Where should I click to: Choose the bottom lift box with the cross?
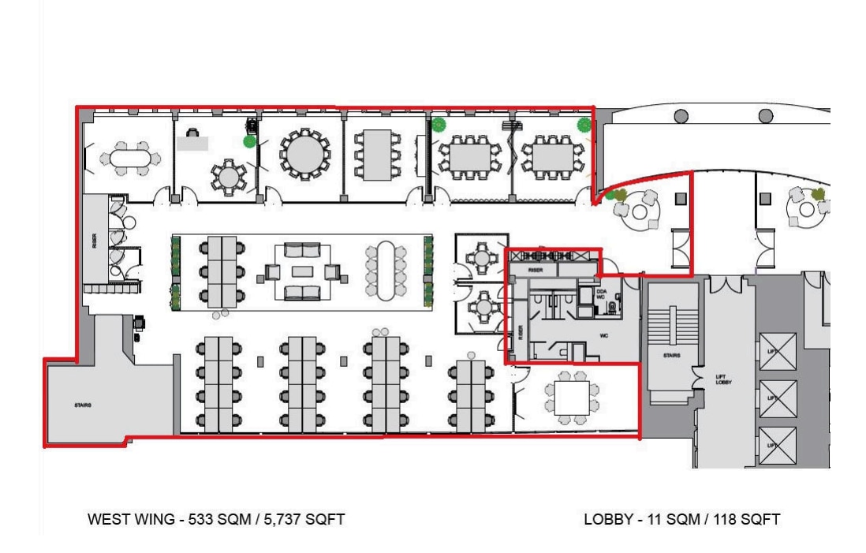777,446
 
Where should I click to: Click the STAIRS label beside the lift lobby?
671,355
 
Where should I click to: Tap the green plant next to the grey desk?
249,142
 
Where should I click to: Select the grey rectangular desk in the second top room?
192,143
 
